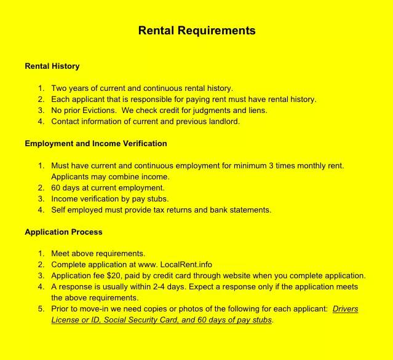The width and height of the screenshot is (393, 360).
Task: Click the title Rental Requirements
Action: click(x=196, y=31)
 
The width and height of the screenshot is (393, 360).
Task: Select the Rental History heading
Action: click(x=52, y=66)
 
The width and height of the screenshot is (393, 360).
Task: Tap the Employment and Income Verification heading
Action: click(x=96, y=144)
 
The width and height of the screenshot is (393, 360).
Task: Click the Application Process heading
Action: click(x=63, y=232)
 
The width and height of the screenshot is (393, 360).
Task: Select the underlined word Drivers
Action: click(x=345, y=309)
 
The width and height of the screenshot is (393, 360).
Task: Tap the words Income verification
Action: click(x=85, y=199)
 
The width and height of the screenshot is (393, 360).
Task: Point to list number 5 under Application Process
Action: click(x=41, y=309)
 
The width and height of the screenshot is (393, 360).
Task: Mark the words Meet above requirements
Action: click(x=98, y=254)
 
